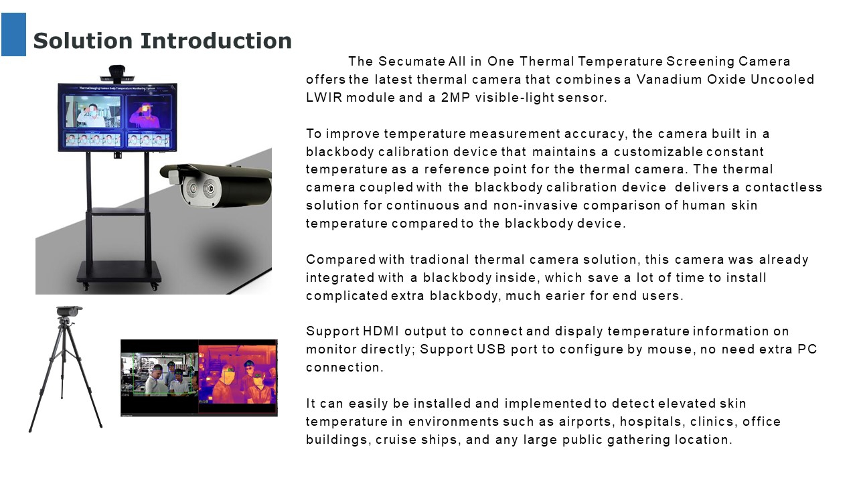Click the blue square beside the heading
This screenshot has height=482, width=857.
[14, 34]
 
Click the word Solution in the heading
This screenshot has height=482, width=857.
[82, 41]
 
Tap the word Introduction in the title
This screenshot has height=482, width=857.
[216, 41]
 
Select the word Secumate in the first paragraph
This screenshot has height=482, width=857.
[412, 61]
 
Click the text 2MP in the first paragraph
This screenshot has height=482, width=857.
[455, 98]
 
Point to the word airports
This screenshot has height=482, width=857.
[585, 422]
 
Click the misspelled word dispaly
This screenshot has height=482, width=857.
[578, 331]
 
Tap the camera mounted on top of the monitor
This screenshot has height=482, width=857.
[117, 74]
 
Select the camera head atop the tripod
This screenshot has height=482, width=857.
[69, 311]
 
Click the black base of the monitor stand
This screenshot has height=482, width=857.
[119, 272]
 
